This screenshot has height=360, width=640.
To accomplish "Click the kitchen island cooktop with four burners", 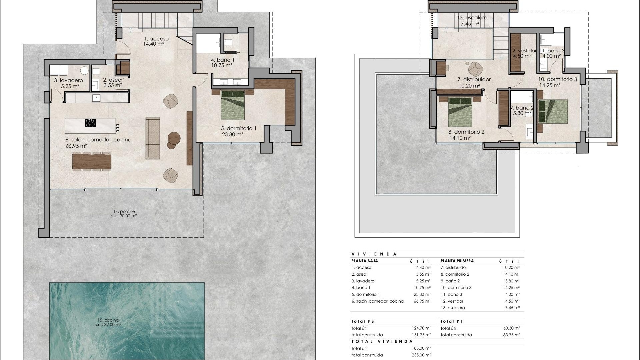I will [90, 123].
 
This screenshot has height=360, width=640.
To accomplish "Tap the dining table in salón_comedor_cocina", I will [92, 162].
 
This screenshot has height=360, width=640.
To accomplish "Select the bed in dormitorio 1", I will [233, 105].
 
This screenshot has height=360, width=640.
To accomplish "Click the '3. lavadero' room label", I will [68, 80].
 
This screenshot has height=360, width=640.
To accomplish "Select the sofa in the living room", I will [153, 138].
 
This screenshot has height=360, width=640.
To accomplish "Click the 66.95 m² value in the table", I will [422, 301].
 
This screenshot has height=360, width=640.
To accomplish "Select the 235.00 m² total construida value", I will [421, 355].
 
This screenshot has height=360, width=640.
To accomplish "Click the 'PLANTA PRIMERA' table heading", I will [457, 261].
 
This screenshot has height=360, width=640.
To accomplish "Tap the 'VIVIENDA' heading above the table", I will [374, 254].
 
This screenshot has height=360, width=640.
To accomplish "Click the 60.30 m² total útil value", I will [511, 328].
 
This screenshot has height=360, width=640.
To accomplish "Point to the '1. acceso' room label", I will [156, 39].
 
